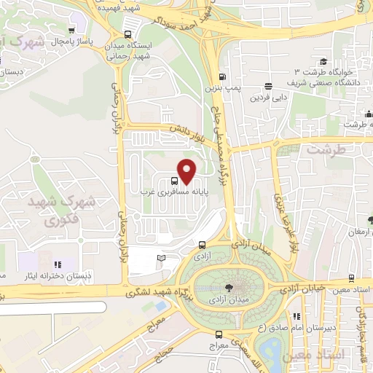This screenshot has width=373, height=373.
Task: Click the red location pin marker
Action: tap(187, 170)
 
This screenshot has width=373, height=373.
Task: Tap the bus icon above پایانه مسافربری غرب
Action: tap(174, 181)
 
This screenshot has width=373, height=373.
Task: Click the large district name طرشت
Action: tap(323, 150)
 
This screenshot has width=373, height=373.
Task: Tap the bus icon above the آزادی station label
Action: tap(202, 246)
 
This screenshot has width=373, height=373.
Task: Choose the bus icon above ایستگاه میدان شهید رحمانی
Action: tap(128, 35)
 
